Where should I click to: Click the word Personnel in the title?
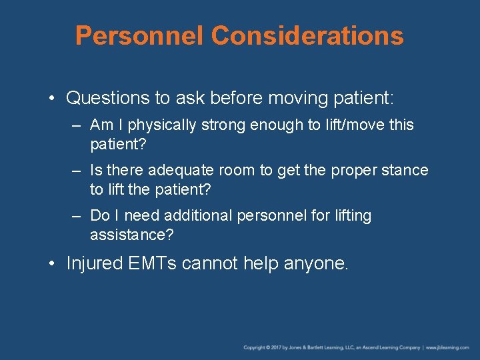tap(141, 35)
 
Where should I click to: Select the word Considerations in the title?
tap(309, 35)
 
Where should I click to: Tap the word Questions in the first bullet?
tap(108, 99)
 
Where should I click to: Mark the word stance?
tap(405, 170)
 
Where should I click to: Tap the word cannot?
tap(210, 263)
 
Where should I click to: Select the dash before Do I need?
tap(77, 216)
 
